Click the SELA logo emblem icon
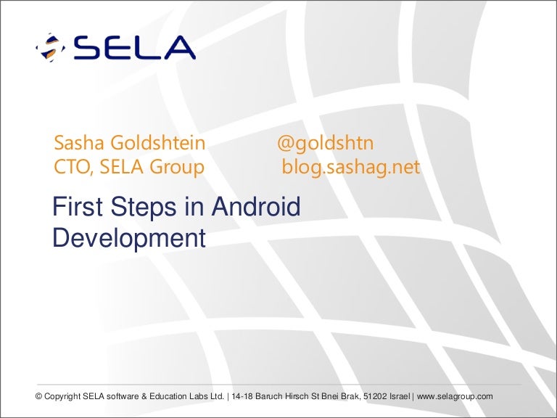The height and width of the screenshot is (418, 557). [51, 47]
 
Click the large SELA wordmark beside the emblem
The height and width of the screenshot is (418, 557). [135, 47]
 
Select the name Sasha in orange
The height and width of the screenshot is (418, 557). [79, 143]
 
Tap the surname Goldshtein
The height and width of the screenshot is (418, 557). [157, 143]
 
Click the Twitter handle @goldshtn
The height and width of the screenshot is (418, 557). [326, 144]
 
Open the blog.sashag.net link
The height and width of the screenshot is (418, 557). [351, 167]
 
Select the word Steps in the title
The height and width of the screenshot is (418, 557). [144, 208]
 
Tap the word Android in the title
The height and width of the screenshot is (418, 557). [256, 207]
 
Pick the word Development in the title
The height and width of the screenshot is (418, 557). [129, 238]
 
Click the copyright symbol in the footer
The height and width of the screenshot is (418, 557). [38, 396]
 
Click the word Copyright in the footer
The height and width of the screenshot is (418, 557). [62, 397]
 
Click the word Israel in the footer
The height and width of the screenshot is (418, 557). [400, 396]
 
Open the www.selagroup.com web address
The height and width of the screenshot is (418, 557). [455, 397]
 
